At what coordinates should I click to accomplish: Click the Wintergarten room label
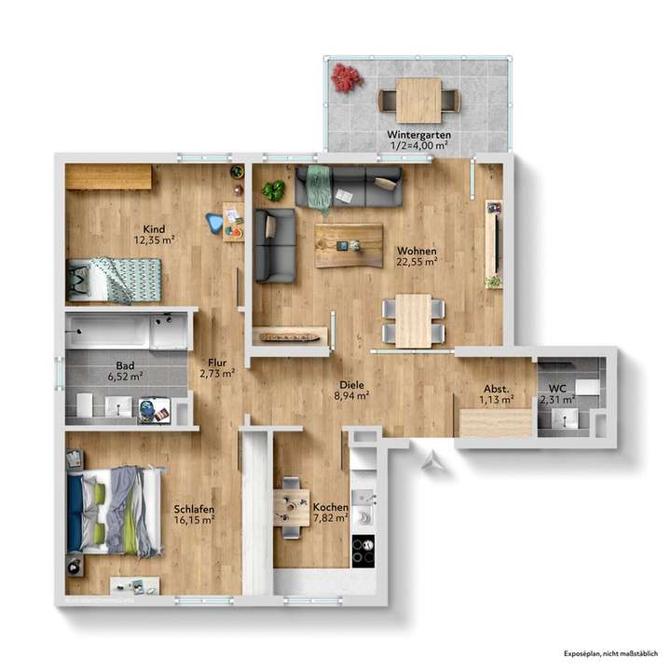pyautogui.click(x=418, y=135)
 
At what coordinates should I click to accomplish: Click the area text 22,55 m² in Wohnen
pyautogui.click(x=417, y=263)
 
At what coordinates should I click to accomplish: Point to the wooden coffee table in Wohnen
pyautogui.click(x=349, y=245)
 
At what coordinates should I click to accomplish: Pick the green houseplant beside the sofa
pyautogui.click(x=273, y=190)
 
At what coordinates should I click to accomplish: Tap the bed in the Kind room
pyautogui.click(x=113, y=279)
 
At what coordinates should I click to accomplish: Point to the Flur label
pyautogui.click(x=216, y=363)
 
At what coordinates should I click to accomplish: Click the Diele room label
pyautogui.click(x=350, y=383)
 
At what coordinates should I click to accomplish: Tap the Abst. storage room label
pyautogui.click(x=495, y=390)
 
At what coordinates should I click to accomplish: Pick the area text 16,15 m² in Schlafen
pyautogui.click(x=194, y=521)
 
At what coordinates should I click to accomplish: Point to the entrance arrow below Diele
pyautogui.click(x=429, y=459)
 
